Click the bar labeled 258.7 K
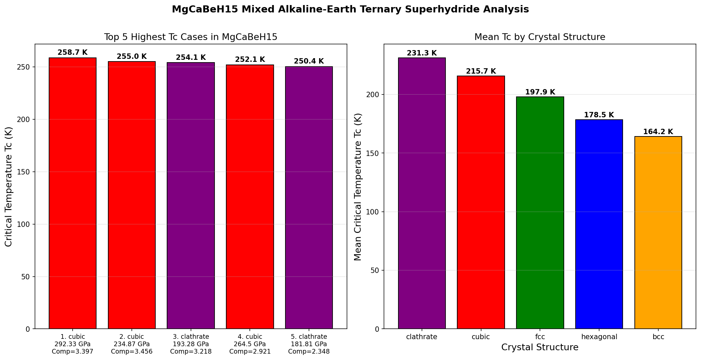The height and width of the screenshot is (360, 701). [x=73, y=193]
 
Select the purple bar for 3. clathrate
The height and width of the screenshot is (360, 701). [x=191, y=196]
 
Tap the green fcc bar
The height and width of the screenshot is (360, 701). [x=540, y=213]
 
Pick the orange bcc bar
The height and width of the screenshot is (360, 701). [x=658, y=233]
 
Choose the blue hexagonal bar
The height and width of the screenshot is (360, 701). [x=599, y=224]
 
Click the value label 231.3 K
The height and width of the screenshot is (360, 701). [x=422, y=53]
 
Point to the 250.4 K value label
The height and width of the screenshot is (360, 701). [x=309, y=61]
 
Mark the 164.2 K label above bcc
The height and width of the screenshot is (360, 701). [x=658, y=132]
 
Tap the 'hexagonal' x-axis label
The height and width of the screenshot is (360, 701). [x=599, y=337]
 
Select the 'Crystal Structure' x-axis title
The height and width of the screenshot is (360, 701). [x=540, y=348]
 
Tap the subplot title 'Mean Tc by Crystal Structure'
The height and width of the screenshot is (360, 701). [x=540, y=37]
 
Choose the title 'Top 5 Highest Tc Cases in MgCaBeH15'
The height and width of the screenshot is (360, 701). [x=191, y=37]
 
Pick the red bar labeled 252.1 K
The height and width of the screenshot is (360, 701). [x=250, y=197]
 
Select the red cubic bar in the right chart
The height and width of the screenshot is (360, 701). [x=481, y=202]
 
